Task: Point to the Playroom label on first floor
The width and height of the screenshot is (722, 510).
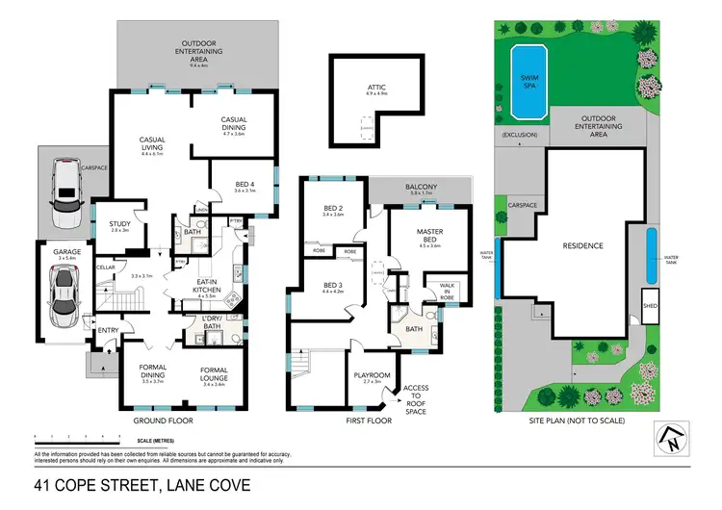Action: coord(372,376)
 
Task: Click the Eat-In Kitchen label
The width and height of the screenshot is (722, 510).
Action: coord(209,284)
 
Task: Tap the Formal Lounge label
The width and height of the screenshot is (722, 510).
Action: coord(214,373)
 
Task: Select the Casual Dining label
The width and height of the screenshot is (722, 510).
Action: coord(235,124)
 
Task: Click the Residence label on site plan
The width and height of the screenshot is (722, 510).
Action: coord(581,246)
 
